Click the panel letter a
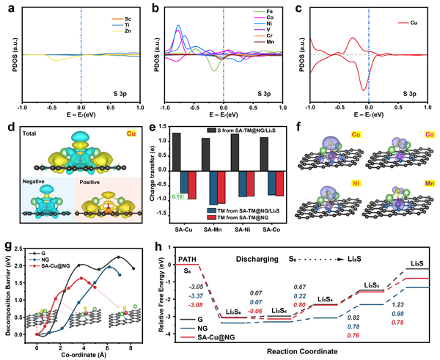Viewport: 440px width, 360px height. coord(6,7)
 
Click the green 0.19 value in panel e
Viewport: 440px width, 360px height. coord(176,197)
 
